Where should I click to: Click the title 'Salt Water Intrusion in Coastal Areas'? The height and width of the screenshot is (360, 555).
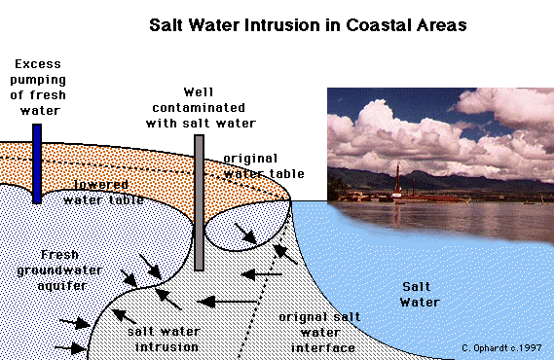(307, 23)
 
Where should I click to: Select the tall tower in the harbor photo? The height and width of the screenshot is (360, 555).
(397, 180)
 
